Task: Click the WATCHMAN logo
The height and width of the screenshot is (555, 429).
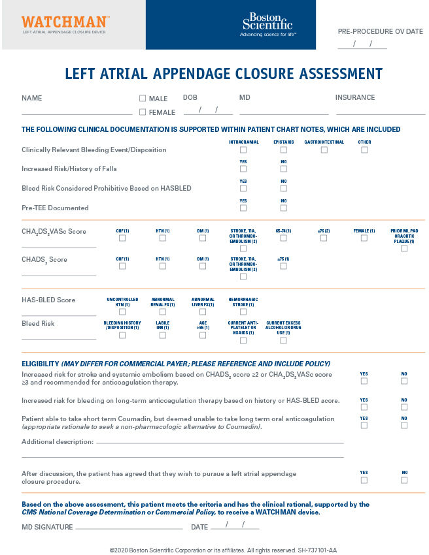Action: click(65, 23)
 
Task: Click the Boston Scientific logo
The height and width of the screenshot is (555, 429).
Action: click(268, 24)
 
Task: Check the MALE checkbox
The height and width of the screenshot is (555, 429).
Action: click(143, 99)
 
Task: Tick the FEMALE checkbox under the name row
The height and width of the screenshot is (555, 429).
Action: click(143, 112)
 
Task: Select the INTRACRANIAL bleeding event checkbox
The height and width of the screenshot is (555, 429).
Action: click(243, 150)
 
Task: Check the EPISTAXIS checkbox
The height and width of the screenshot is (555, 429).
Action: click(283, 150)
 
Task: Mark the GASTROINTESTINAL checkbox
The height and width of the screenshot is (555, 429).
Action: click(324, 150)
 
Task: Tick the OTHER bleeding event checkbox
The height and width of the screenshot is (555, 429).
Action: click(364, 150)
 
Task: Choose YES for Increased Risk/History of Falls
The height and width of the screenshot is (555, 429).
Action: click(243, 169)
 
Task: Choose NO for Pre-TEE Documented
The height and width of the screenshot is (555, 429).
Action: click(283, 208)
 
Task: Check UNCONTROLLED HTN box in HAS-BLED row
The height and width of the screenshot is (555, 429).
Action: click(122, 312)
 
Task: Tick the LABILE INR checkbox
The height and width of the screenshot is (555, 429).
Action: click(162, 335)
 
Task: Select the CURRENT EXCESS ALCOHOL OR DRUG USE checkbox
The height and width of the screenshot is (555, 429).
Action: click(283, 340)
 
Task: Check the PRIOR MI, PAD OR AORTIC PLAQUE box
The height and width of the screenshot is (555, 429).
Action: click(404, 248)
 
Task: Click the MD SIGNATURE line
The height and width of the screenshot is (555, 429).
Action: click(129, 528)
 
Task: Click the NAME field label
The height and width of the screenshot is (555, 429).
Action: click(31, 98)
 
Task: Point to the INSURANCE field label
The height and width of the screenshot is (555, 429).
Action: click(355, 97)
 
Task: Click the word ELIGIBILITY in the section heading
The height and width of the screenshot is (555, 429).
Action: click(41, 363)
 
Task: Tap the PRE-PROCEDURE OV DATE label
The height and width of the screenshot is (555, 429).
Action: click(380, 31)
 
